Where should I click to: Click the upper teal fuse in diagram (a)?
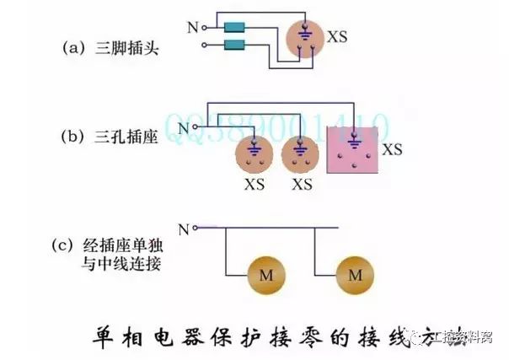(234, 28)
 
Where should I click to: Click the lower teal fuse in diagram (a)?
(234, 44)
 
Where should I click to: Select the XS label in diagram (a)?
(337, 37)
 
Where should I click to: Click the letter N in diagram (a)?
(192, 27)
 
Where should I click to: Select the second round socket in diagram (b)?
(302, 155)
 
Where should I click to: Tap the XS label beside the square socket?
(392, 149)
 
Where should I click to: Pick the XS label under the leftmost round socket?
(254, 184)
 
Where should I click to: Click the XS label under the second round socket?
(302, 184)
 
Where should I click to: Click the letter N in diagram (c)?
(183, 228)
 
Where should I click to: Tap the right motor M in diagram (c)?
(354, 276)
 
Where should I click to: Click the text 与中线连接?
(127, 263)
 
